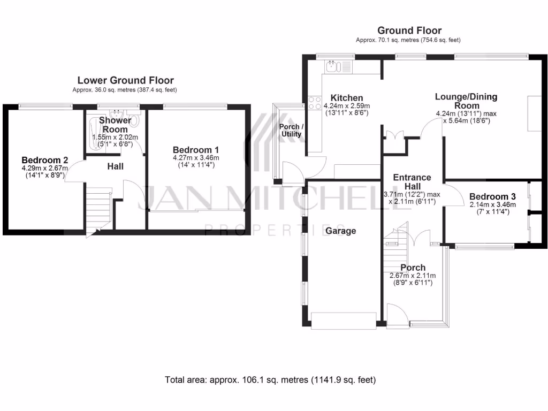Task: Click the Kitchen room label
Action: [x=347, y=98]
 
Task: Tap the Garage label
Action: [x=341, y=231]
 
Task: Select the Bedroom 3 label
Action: [x=492, y=196]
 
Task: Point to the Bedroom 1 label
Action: [x=196, y=150]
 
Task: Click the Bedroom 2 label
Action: [x=45, y=160]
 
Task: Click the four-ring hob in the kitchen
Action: [x=314, y=102]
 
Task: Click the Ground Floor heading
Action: [x=409, y=31]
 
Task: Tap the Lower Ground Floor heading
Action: [x=125, y=80]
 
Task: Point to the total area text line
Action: [x=270, y=380]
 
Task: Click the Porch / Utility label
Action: [x=292, y=130]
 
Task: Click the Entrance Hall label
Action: [x=412, y=181]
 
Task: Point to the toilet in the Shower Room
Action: [x=134, y=121]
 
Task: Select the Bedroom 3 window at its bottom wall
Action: [x=484, y=247]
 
